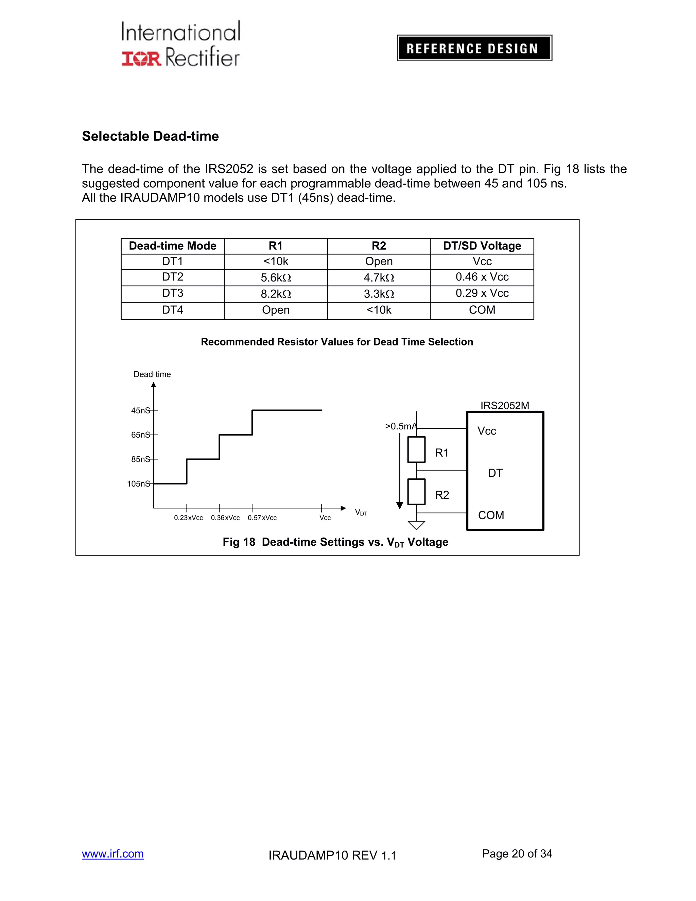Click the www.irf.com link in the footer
(112, 853)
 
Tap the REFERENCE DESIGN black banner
(474, 48)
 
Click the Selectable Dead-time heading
(150, 136)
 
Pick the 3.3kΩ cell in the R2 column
(379, 294)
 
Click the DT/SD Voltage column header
(482, 246)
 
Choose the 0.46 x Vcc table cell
(482, 277)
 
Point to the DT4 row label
(172, 310)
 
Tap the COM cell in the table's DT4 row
(482, 310)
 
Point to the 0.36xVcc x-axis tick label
(225, 518)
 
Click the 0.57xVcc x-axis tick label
(262, 518)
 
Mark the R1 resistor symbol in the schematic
(416, 450)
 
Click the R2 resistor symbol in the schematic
(416, 492)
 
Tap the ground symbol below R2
(416, 525)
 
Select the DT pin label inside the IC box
(495, 473)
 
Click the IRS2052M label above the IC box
(505, 406)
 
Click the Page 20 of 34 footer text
(517, 853)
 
